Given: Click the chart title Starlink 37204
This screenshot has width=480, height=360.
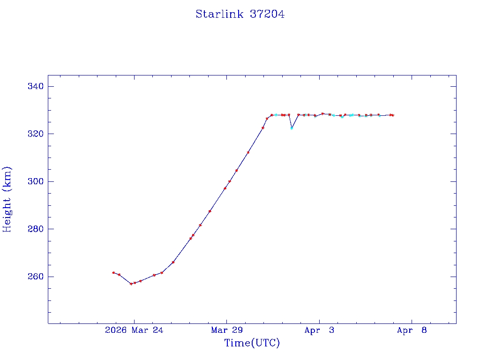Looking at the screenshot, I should pyautogui.click(x=240, y=14).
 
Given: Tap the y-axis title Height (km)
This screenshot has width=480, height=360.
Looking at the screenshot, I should pyautogui.click(x=7, y=199).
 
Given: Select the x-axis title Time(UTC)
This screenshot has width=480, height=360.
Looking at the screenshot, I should pyautogui.click(x=252, y=343).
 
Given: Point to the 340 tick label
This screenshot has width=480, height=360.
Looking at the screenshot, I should pyautogui.click(x=36, y=86).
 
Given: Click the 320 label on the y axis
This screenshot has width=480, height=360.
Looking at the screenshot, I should pyautogui.click(x=36, y=134).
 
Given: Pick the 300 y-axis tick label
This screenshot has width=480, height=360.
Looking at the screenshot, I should pyautogui.click(x=36, y=181).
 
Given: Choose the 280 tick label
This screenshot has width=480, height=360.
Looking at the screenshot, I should pyautogui.click(x=36, y=229).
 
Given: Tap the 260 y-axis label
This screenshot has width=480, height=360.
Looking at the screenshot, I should pyautogui.click(x=36, y=277).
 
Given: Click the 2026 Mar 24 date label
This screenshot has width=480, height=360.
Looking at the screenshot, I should pyautogui.click(x=134, y=330).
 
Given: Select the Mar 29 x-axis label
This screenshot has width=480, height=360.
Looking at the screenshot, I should pyautogui.click(x=226, y=330).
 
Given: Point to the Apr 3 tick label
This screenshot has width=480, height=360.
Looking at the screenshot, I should pyautogui.click(x=319, y=330).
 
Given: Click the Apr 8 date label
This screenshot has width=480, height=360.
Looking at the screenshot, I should pyautogui.click(x=412, y=330).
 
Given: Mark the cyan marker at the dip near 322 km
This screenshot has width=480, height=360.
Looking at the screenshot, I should pyautogui.click(x=292, y=128).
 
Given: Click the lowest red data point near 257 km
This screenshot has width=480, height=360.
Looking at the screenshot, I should pyautogui.click(x=131, y=284).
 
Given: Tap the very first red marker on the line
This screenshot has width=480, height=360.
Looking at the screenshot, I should pyautogui.click(x=113, y=272).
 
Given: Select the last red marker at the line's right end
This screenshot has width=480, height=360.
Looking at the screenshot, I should pyautogui.click(x=393, y=115).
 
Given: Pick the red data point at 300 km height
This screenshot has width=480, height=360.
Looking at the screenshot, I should pyautogui.click(x=230, y=181).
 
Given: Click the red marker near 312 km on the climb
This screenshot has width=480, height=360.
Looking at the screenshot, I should pyautogui.click(x=248, y=152).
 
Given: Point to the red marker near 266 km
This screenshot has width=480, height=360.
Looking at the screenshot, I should pyautogui.click(x=173, y=262).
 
